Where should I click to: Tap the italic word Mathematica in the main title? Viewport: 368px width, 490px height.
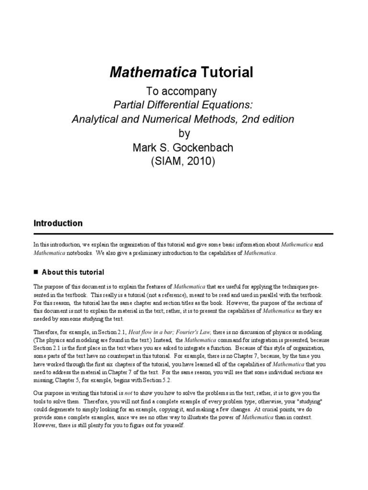click(153, 72)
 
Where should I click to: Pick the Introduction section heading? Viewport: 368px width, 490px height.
click(58, 223)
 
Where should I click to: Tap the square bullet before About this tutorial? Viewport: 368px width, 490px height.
click(36, 272)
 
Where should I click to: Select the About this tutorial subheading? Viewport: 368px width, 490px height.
click(73, 272)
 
